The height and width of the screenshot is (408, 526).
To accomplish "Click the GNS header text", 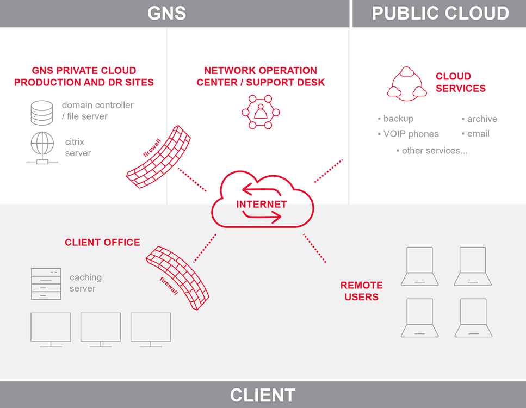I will click(166, 13).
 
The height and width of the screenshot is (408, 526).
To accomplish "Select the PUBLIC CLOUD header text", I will click(440, 13).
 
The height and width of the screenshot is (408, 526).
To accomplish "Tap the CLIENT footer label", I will click(262, 395).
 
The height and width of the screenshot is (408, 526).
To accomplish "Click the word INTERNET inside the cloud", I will click(262, 205).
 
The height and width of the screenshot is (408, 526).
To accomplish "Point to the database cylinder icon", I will click(42, 112).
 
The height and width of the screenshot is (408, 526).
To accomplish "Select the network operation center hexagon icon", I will click(261, 112).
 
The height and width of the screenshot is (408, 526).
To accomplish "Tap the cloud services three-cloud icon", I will click(406, 82).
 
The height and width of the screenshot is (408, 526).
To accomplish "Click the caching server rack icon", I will click(46, 283).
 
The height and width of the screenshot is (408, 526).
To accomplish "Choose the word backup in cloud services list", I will click(398, 119).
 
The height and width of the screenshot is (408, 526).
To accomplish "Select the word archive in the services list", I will click(482, 119).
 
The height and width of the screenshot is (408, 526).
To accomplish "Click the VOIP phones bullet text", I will click(411, 134).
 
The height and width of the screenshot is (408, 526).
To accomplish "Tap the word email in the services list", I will click(478, 134).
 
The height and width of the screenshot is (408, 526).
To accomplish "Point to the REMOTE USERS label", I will click(362, 291).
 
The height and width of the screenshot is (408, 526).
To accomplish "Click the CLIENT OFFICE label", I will click(102, 242).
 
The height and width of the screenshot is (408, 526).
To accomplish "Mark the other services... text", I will click(434, 150).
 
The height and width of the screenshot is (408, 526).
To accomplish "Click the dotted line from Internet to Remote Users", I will click(315, 249).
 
